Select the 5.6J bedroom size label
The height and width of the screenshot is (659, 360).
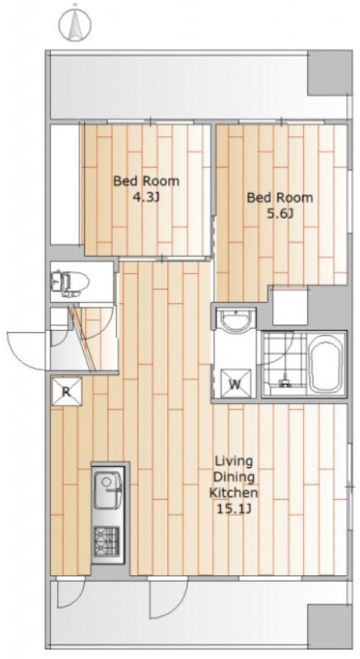(280, 214)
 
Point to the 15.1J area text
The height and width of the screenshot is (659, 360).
(234, 509)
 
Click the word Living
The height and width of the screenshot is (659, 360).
(234, 461)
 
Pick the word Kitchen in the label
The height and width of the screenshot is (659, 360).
(234, 493)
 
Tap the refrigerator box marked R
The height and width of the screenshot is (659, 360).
(66, 392)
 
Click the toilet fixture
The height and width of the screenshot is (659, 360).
(70, 280)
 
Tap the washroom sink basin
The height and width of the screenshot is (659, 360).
(236, 321)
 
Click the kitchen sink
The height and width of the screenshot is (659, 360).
(108, 490)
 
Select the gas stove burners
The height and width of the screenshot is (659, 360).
(106, 539)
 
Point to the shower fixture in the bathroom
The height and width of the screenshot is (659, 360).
(285, 378)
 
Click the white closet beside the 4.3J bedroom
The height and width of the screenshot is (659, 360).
(66, 185)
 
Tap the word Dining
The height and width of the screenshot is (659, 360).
(235, 478)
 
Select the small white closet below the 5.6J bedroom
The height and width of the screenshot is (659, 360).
(290, 306)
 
